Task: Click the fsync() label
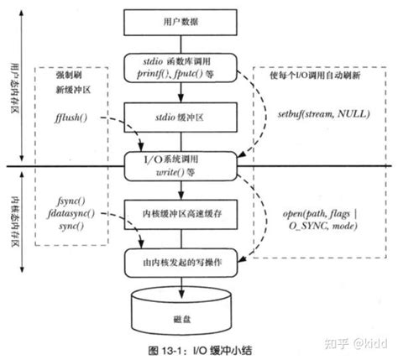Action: (x=71, y=201)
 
